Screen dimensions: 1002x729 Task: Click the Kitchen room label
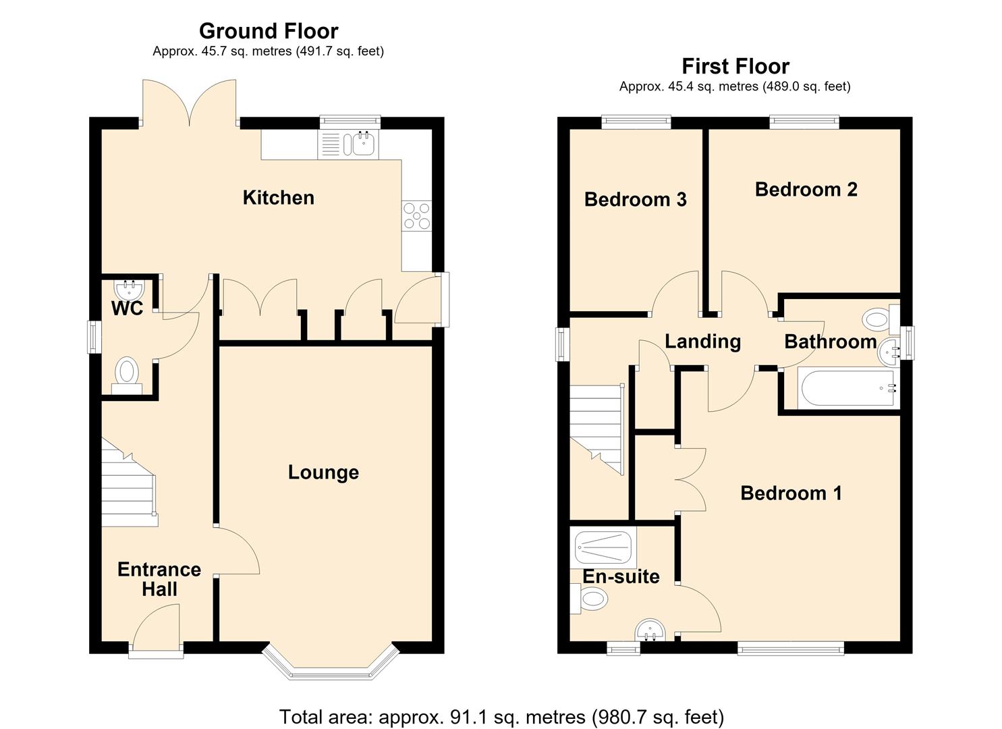tap(278, 198)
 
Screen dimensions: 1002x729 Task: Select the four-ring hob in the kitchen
tap(416, 216)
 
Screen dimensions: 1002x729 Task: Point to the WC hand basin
tap(129, 290)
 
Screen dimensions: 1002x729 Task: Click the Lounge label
tap(323, 473)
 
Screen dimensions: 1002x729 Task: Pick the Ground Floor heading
tap(269, 31)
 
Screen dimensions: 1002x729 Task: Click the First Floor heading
tap(735, 67)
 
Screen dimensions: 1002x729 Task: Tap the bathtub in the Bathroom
tap(847, 388)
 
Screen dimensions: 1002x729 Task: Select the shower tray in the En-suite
tap(603, 547)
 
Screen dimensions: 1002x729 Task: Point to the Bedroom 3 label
tap(635, 200)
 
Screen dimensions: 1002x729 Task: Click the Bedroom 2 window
tap(804, 122)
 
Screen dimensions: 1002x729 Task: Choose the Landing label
tap(702, 342)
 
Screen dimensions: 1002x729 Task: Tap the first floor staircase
tap(596, 429)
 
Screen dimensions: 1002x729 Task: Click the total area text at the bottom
tap(501, 716)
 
